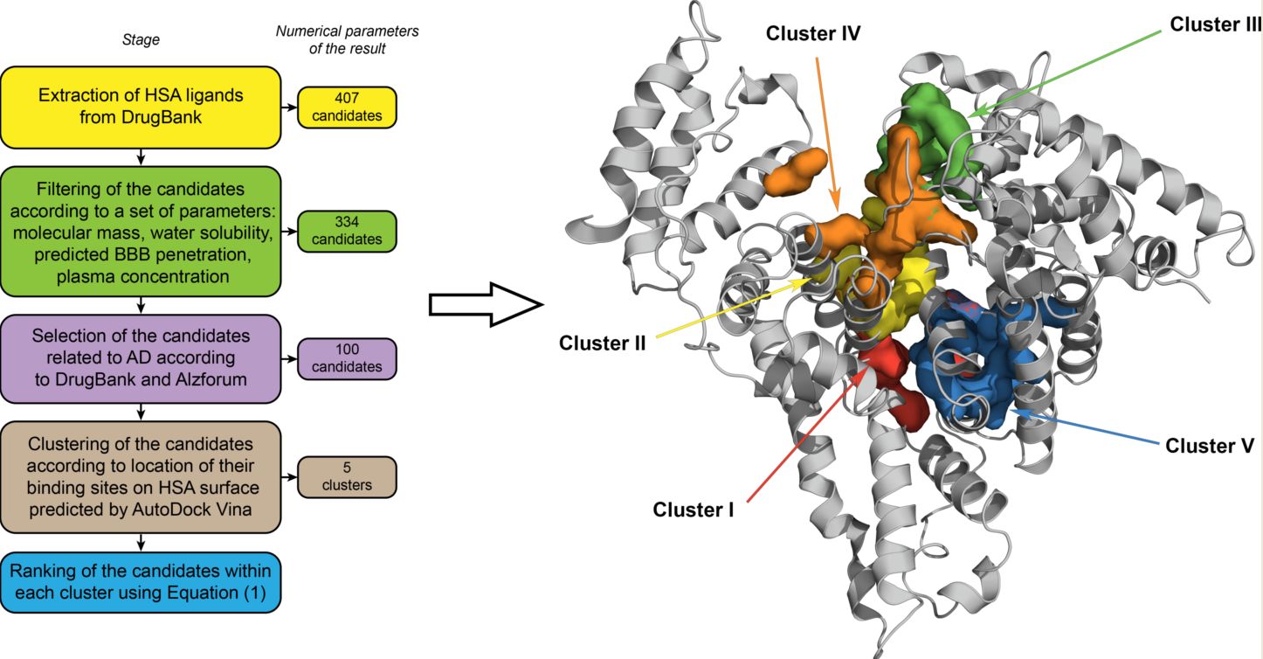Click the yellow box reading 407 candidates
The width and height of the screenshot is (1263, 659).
pos(347,108)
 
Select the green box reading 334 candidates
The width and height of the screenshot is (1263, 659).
pos(347,231)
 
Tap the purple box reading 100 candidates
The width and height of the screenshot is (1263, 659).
pos(347,359)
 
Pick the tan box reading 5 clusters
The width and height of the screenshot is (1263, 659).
pos(347,477)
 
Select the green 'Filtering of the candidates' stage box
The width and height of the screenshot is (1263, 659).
pos(140,231)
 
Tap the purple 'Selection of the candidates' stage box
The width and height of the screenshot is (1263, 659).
pos(140,359)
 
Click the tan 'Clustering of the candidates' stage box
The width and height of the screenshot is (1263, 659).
pos(140,477)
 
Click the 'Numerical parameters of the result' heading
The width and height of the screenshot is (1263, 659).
pos(347,39)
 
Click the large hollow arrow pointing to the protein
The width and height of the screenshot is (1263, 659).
pos(486,304)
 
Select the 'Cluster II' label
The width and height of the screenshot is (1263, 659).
pos(603,343)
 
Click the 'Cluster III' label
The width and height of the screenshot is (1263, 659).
pos(1215,25)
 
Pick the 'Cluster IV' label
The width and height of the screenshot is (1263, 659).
pos(813,34)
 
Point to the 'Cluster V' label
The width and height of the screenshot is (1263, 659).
pos(1210,446)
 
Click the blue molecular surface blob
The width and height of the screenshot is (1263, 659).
pos(970,358)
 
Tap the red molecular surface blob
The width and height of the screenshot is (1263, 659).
pos(895,385)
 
